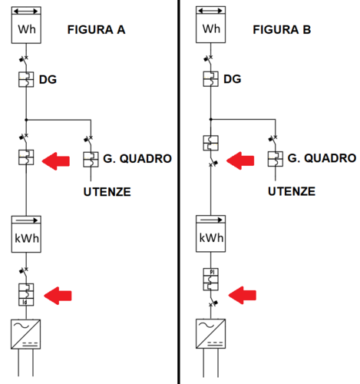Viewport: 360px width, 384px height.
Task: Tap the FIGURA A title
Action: point(96,30)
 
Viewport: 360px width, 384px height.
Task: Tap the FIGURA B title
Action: point(282,30)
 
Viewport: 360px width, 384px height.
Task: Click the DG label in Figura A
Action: point(48,79)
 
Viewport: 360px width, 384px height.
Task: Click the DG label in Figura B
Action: point(233,79)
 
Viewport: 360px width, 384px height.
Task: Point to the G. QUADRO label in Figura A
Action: point(137,159)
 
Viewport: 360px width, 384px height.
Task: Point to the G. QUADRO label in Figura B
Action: point(322,159)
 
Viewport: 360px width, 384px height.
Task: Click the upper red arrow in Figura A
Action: point(59,160)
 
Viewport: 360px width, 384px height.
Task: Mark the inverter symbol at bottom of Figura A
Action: point(26,333)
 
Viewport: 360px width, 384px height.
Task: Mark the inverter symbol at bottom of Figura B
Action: point(211,333)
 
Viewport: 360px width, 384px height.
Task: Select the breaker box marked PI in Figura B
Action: point(211,278)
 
